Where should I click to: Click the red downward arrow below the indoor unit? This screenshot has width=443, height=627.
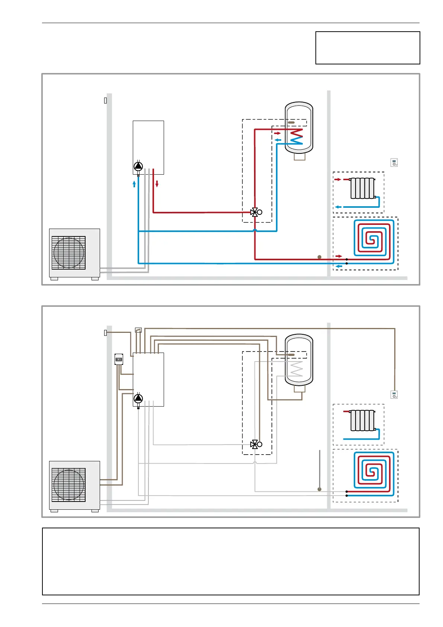(157, 184)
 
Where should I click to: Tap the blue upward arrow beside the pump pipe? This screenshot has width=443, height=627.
(134, 184)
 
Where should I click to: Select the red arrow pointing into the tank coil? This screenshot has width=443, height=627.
(277, 133)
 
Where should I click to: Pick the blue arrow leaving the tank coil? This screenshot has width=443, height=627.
(277, 140)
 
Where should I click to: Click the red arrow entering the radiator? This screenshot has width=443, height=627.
(338, 179)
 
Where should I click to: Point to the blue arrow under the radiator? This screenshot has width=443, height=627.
(338, 207)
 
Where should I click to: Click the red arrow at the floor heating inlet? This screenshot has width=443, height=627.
(338, 256)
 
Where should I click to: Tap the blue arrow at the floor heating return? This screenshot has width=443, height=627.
(338, 266)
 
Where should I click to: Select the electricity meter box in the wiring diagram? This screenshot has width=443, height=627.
(119, 359)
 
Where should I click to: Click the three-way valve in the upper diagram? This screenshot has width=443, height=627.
(255, 212)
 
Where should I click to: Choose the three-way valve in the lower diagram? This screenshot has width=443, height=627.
(255, 444)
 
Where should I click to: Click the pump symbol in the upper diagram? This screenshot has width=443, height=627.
(138, 166)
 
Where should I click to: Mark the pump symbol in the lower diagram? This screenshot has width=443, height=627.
(138, 399)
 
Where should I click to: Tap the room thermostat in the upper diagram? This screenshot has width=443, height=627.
(394, 163)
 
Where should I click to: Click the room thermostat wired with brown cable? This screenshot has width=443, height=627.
(394, 395)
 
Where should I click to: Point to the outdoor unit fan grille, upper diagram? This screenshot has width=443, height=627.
(69, 252)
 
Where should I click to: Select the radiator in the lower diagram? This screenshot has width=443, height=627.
(362, 420)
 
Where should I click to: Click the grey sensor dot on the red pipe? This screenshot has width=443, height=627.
(319, 257)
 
